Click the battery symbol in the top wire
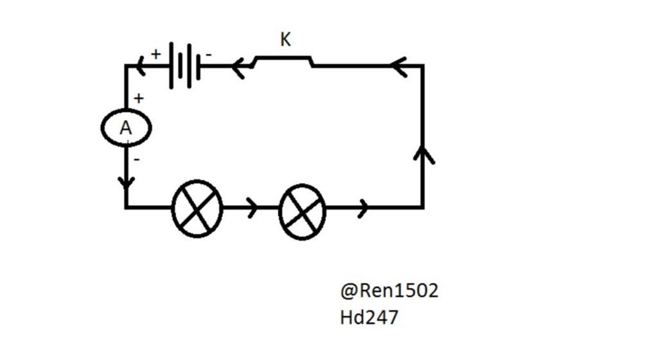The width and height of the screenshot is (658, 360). tap(184, 65)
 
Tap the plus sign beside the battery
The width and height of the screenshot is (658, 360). tap(156, 54)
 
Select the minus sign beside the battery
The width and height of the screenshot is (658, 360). tap(208, 55)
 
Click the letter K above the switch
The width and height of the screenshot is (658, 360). tap(286, 40)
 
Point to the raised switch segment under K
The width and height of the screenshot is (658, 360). tap(283, 59)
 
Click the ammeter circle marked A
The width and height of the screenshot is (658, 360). tap(126, 129)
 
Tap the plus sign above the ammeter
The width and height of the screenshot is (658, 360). tap(139, 98)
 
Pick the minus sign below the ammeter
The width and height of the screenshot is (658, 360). tap(136, 158)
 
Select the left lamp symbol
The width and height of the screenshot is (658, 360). tap(197, 208)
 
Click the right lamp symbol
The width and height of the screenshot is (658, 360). tap(303, 211)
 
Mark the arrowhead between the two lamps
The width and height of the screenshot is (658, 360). tap(253, 208)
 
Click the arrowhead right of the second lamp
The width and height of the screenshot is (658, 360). tap(363, 208)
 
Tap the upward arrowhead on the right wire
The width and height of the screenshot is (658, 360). tap(423, 154)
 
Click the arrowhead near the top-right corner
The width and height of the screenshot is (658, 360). tap(399, 66)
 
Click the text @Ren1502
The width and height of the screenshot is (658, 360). tap(389, 291)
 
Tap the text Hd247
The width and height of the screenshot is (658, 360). tap(369, 317)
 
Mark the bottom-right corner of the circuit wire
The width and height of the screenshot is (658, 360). tap(423, 207)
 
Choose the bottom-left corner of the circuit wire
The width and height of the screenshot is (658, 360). tap(127, 207)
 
